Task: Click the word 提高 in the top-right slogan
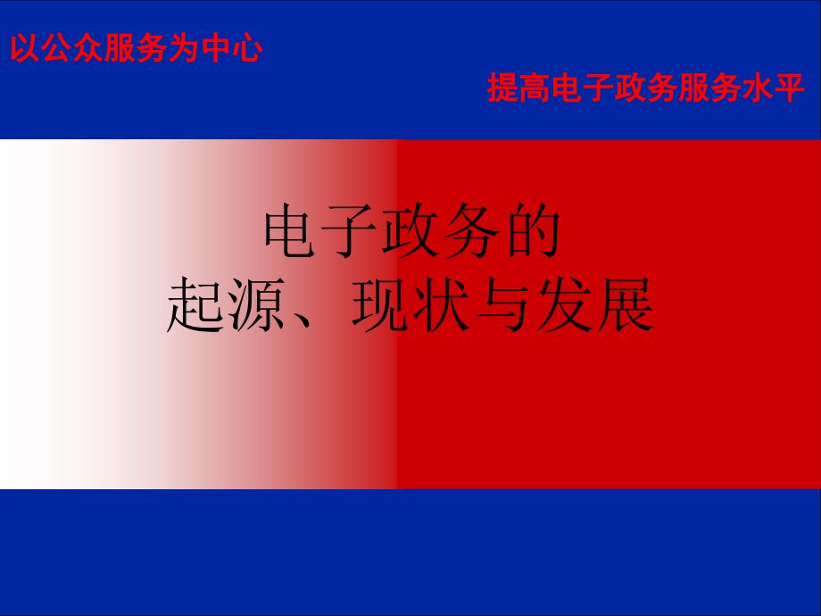coord(518,87)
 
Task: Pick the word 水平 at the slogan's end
coord(774,87)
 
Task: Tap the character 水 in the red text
coord(758,87)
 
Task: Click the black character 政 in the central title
coord(411,231)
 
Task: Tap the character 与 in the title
coord(502,304)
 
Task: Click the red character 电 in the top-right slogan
coord(566,87)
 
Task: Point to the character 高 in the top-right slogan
coord(535,87)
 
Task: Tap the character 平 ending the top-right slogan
coord(790,87)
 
